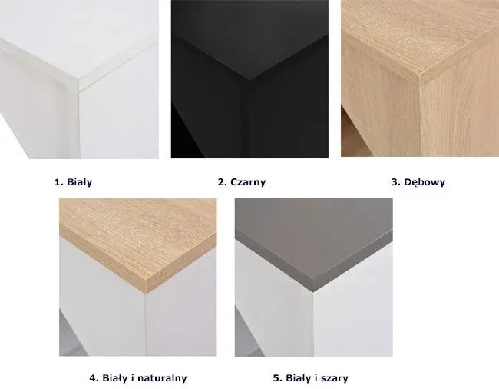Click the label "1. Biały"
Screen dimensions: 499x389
click(x=74, y=182)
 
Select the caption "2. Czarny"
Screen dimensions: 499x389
click(x=242, y=182)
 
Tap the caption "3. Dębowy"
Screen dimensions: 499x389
click(x=418, y=182)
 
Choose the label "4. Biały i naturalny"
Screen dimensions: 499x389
click(x=138, y=378)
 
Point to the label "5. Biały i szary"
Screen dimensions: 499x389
click(x=311, y=378)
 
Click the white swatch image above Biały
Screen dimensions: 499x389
click(x=79, y=79)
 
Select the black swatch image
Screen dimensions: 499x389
click(x=249, y=79)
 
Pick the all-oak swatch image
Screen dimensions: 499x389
click(x=420, y=78)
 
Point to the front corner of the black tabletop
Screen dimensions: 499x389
click(x=249, y=79)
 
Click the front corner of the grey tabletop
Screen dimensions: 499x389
click(x=314, y=292)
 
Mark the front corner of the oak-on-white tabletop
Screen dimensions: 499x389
click(x=145, y=292)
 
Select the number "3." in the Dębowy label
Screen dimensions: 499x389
click(x=395, y=182)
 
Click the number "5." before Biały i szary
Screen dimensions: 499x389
click(x=278, y=378)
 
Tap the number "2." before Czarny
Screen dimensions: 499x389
click(x=223, y=182)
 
